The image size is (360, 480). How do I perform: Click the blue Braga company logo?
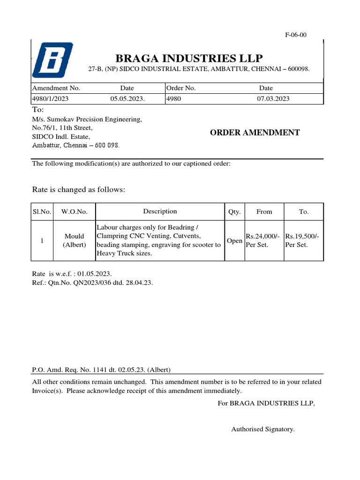[x=52, y=60]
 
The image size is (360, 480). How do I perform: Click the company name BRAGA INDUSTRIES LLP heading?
[x=189, y=58]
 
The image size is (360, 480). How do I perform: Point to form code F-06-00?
[x=296, y=35]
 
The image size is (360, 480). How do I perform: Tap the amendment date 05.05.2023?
[x=127, y=98]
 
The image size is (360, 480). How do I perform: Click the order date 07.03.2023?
[x=273, y=98]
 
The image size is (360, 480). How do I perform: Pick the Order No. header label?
[x=181, y=88]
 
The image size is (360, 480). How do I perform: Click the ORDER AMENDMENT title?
[x=255, y=133]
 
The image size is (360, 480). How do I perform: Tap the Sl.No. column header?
[x=42, y=211]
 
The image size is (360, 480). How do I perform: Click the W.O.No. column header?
[x=75, y=211]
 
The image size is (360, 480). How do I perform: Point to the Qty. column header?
[x=234, y=211]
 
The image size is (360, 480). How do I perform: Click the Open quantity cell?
[x=234, y=241]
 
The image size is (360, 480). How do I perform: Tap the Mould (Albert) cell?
[x=75, y=240]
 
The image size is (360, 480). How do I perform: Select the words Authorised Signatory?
[x=262, y=429]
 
